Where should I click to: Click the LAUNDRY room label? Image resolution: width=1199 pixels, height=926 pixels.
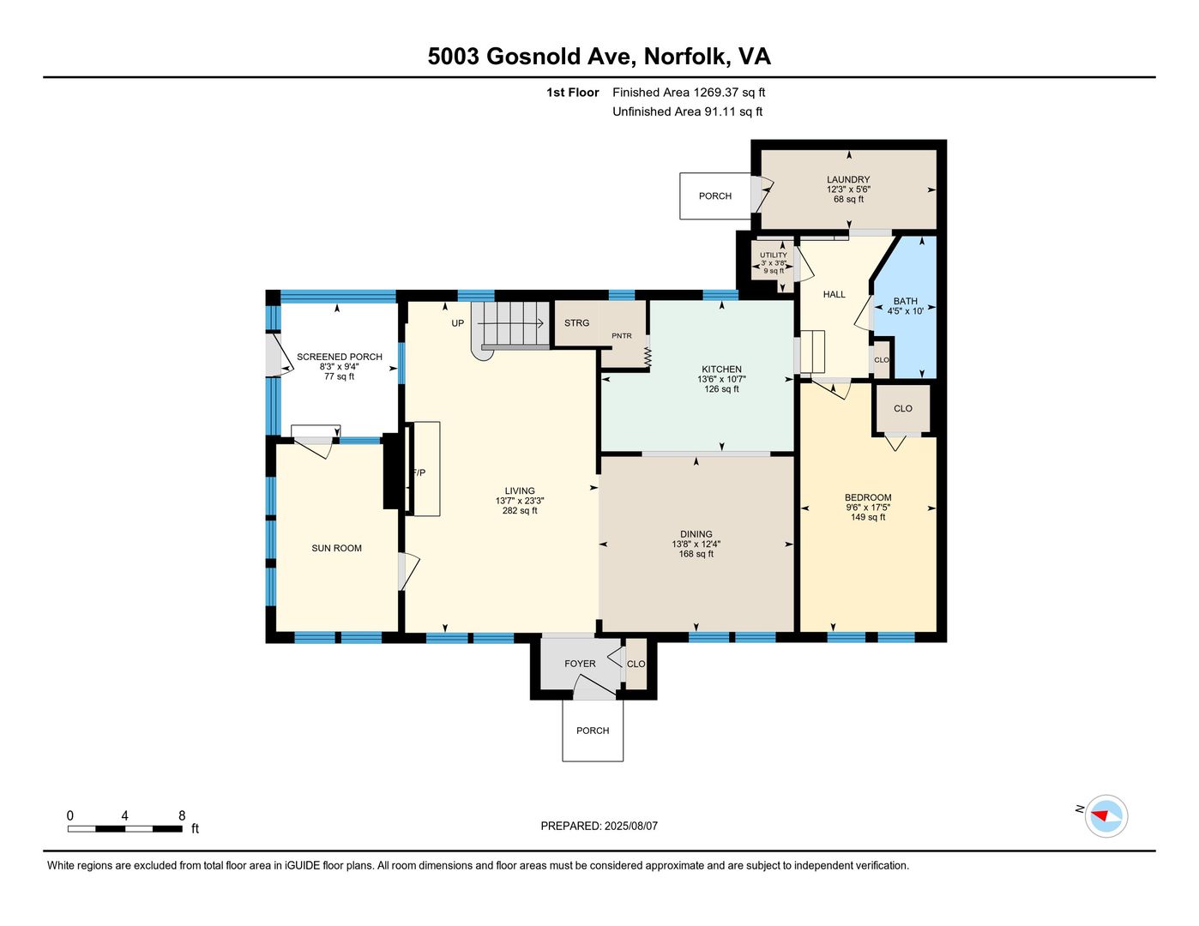848,179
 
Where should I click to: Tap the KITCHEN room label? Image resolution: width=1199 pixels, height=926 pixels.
721,369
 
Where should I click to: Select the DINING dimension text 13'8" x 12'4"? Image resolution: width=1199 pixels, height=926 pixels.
696,544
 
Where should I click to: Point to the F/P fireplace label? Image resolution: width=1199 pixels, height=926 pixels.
419,472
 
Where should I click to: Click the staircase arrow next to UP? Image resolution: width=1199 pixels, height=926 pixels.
511,323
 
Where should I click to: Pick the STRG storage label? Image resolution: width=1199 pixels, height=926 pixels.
576,322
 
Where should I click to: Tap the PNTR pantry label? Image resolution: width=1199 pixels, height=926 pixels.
621,335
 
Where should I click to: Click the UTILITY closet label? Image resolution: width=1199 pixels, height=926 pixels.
773,255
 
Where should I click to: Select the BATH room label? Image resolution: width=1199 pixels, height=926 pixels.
906,301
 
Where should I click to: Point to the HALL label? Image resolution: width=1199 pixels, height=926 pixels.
834,294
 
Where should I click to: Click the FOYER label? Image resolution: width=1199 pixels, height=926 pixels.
580,664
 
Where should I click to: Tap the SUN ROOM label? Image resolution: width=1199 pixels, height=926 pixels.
336,548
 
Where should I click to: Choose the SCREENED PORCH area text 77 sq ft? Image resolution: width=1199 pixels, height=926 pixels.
340,376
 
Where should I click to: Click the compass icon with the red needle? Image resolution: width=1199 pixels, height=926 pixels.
1106,815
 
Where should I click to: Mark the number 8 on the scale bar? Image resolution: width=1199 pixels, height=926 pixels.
182,815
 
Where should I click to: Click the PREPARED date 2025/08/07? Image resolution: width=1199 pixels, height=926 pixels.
630,826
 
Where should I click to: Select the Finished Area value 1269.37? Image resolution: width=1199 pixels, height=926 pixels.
715,92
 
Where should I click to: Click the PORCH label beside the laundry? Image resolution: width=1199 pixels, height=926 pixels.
715,195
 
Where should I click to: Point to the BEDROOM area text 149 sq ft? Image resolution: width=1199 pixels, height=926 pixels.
868,517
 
